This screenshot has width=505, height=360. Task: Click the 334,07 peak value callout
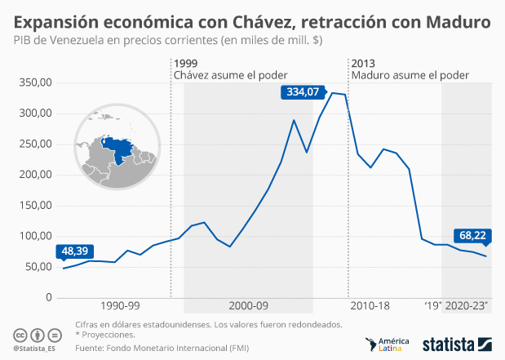tap(301, 92)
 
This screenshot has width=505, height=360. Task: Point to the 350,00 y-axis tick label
tap(35, 82)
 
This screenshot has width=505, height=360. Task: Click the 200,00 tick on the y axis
tap(35, 175)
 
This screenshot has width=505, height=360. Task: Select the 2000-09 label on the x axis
tap(249, 305)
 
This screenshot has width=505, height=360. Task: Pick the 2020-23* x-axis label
tap(468, 305)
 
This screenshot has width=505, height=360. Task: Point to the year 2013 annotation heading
tap(364, 63)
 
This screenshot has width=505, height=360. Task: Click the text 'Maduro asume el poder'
tap(410, 75)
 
